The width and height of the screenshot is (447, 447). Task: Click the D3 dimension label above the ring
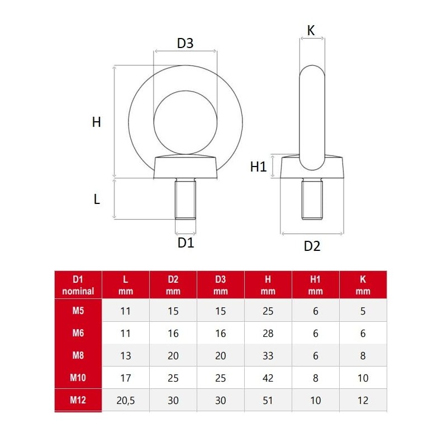click(x=185, y=43)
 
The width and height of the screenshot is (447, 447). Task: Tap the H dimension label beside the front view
click(x=96, y=122)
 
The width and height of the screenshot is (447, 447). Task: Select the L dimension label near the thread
click(x=97, y=199)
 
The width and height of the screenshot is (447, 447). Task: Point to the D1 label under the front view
click(x=186, y=242)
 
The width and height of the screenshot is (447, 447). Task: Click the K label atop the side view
click(x=311, y=31)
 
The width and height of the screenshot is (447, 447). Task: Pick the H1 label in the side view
click(x=258, y=167)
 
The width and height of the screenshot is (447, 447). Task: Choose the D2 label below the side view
click(x=312, y=245)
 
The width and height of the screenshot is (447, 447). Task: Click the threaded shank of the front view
click(x=186, y=199)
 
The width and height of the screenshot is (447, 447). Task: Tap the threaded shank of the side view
click(x=312, y=199)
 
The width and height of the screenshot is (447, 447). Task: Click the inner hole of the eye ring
click(x=186, y=121)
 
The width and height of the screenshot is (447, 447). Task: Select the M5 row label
click(x=78, y=311)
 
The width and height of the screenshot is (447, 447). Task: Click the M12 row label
click(x=78, y=400)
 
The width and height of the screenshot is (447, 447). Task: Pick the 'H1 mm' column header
click(x=316, y=284)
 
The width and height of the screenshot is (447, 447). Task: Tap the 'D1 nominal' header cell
click(x=78, y=284)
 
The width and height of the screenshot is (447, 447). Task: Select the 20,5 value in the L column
click(x=126, y=400)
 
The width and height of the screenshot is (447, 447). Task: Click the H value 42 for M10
click(x=268, y=378)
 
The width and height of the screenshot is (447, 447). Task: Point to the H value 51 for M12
click(x=268, y=400)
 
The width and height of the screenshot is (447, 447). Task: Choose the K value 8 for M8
click(x=363, y=355)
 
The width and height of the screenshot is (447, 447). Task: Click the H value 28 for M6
click(x=268, y=333)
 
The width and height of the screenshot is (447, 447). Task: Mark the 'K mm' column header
click(x=363, y=284)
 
